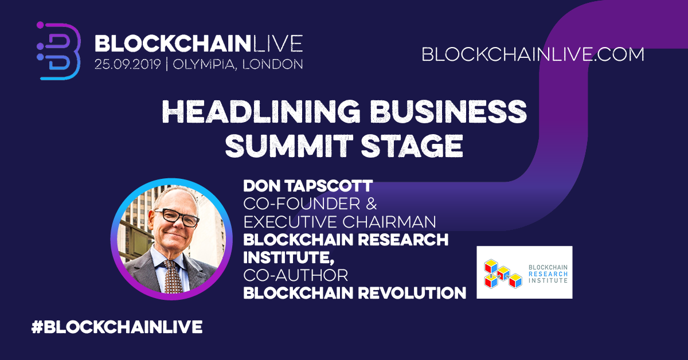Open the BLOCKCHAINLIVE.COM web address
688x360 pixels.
pyautogui.click(x=533, y=54)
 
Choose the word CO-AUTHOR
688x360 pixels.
pyautogui.click(x=296, y=275)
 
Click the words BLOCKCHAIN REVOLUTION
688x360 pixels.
pyautogui.click(x=355, y=293)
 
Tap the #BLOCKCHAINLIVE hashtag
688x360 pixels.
pyautogui.click(x=116, y=327)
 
